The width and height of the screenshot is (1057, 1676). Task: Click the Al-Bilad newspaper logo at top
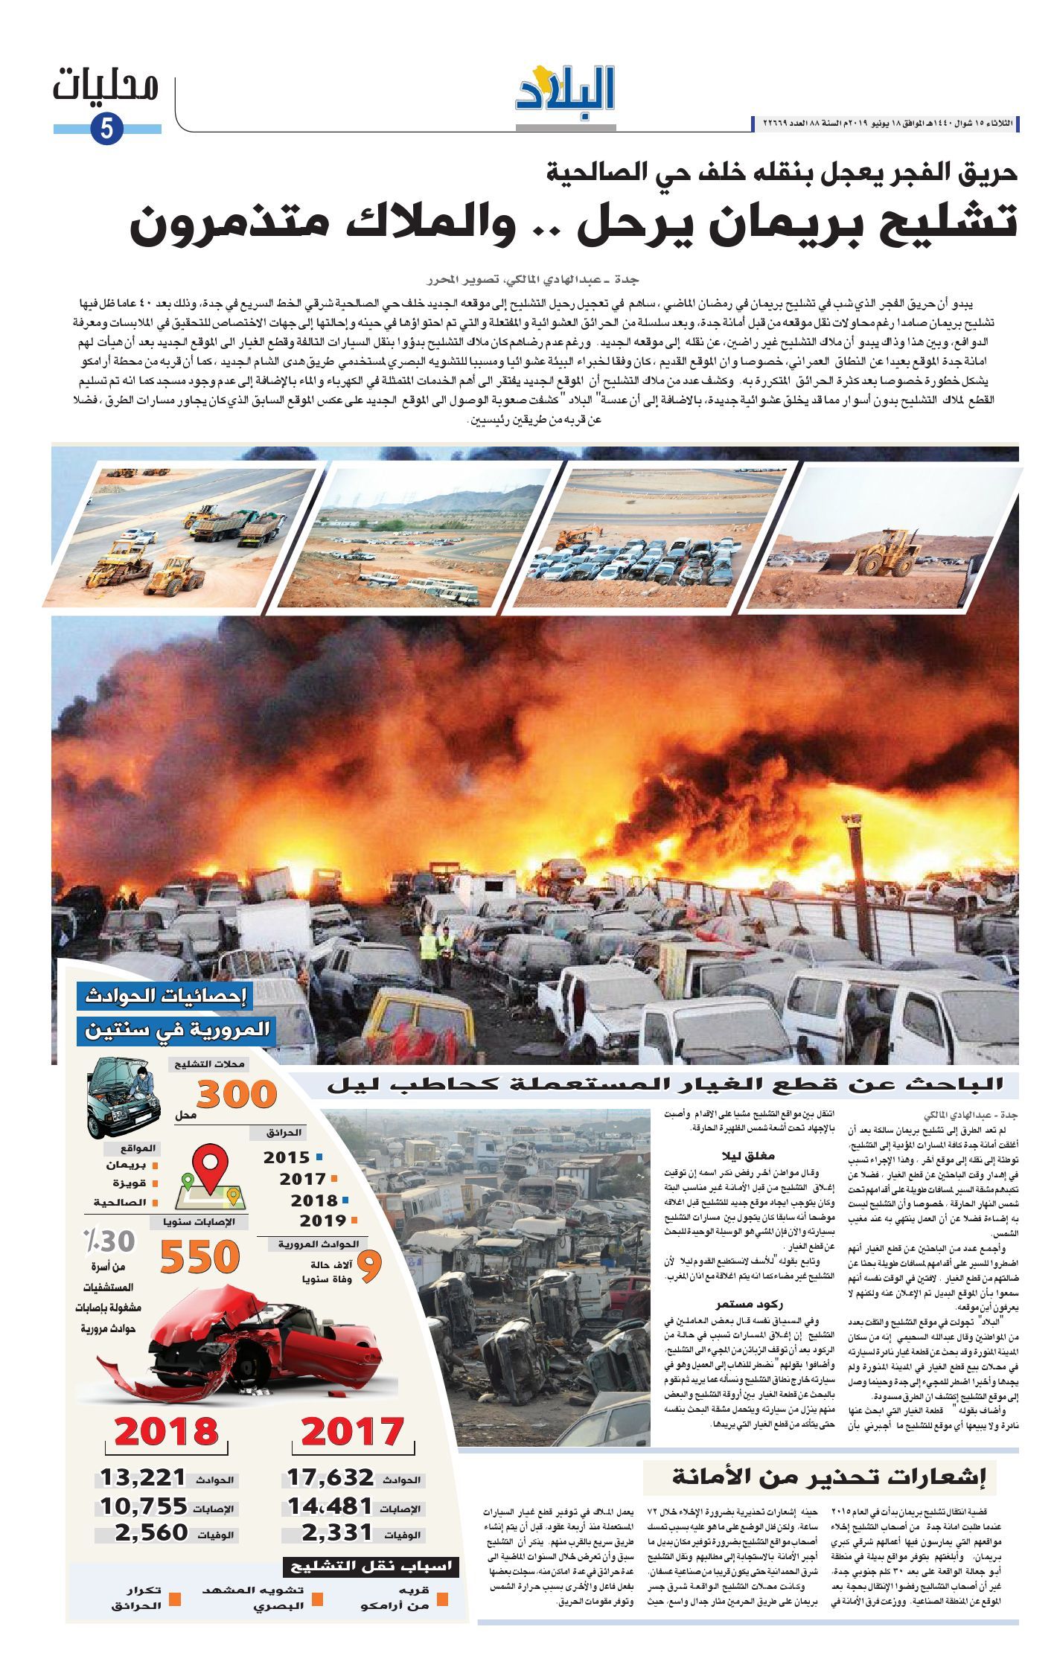tap(566, 89)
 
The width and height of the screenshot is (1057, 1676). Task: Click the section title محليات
tap(106, 88)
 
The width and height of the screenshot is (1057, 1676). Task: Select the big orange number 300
tap(237, 1094)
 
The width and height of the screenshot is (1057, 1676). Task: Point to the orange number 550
tap(200, 1258)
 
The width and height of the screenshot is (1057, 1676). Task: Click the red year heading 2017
tap(353, 1431)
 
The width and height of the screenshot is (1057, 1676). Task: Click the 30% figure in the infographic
tap(109, 1241)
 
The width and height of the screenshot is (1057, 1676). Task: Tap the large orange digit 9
tap(370, 1268)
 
